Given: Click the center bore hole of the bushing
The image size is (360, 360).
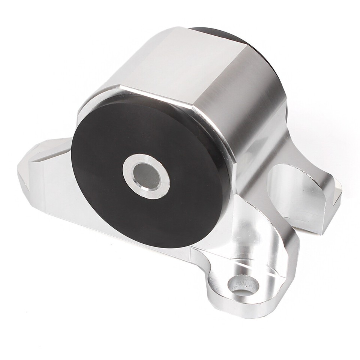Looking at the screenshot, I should click(x=146, y=175).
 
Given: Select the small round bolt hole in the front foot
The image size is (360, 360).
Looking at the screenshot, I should click(x=243, y=286).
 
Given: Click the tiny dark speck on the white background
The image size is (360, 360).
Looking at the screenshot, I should click(x=111, y=244).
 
